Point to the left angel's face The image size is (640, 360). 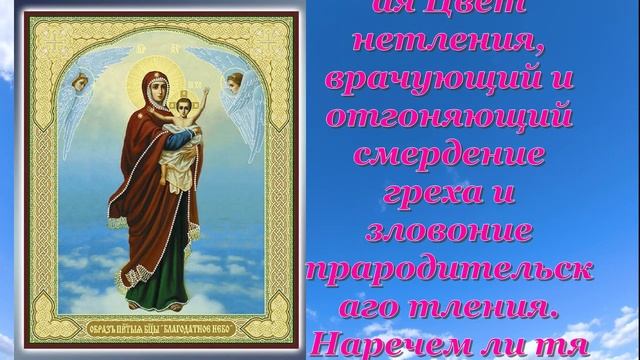(79, 84)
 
